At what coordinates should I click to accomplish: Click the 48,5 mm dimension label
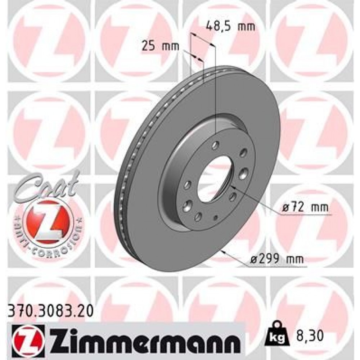[x=230, y=26]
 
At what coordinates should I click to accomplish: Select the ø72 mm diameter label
[x=305, y=207]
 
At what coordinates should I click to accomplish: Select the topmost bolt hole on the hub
[x=216, y=145]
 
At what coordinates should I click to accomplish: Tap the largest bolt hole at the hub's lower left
[x=187, y=207]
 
